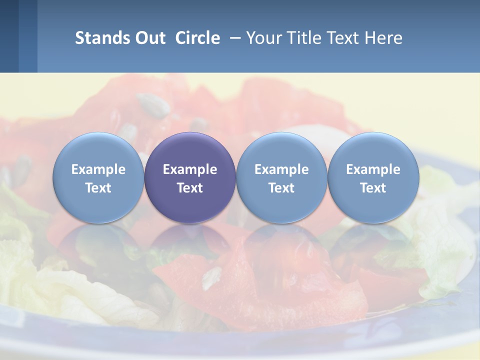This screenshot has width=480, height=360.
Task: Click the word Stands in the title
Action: [x=101, y=38]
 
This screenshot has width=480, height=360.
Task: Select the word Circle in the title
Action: [x=197, y=38]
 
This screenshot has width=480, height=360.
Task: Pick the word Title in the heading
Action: [x=303, y=38]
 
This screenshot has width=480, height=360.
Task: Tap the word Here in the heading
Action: [x=383, y=38]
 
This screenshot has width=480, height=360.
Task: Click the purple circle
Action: [x=190, y=177]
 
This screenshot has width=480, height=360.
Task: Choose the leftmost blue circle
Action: [x=98, y=177]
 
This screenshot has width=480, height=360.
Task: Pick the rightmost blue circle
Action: [x=373, y=177]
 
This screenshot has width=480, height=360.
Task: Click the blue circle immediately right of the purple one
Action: [x=281, y=177]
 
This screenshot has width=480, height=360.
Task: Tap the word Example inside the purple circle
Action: [x=190, y=169]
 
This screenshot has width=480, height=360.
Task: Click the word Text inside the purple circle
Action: [x=190, y=188]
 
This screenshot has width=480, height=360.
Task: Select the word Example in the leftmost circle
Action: [x=98, y=169]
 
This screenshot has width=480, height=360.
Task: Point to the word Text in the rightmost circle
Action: [x=373, y=188]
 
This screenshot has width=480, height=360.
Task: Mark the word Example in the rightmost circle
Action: [x=373, y=169]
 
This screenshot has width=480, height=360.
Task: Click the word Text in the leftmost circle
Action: [x=98, y=188]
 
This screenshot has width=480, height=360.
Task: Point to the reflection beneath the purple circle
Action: [x=190, y=245]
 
